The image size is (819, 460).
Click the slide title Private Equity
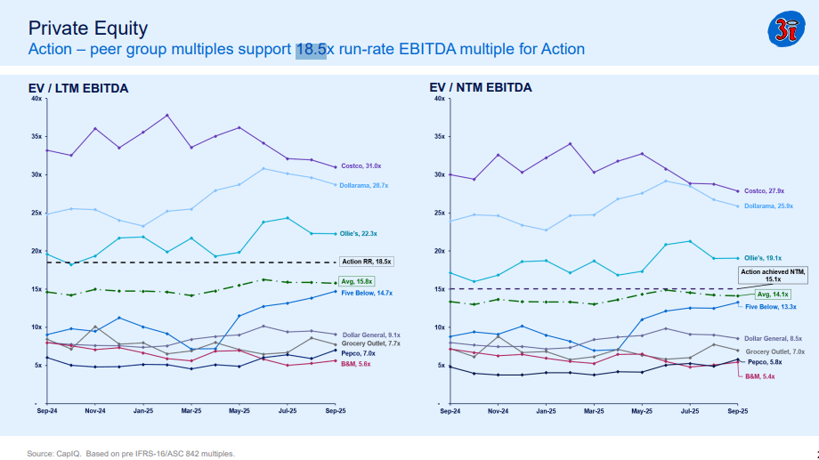coord(88,28)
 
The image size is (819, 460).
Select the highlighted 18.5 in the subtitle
coord(311,49)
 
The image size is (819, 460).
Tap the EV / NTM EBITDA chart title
coord(481,87)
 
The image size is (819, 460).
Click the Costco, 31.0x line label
coord(361,166)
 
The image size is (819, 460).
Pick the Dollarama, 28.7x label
coord(365,185)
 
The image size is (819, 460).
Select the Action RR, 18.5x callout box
coord(366,262)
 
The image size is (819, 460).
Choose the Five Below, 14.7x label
coord(367,292)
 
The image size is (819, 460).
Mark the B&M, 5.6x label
coord(357,363)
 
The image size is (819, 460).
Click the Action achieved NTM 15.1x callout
coord(772,274)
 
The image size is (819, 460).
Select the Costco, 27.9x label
coord(764,190)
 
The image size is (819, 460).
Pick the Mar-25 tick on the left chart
coord(191,412)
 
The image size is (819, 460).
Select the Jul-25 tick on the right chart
coord(689,412)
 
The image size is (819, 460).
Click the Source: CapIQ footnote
coord(132,453)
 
